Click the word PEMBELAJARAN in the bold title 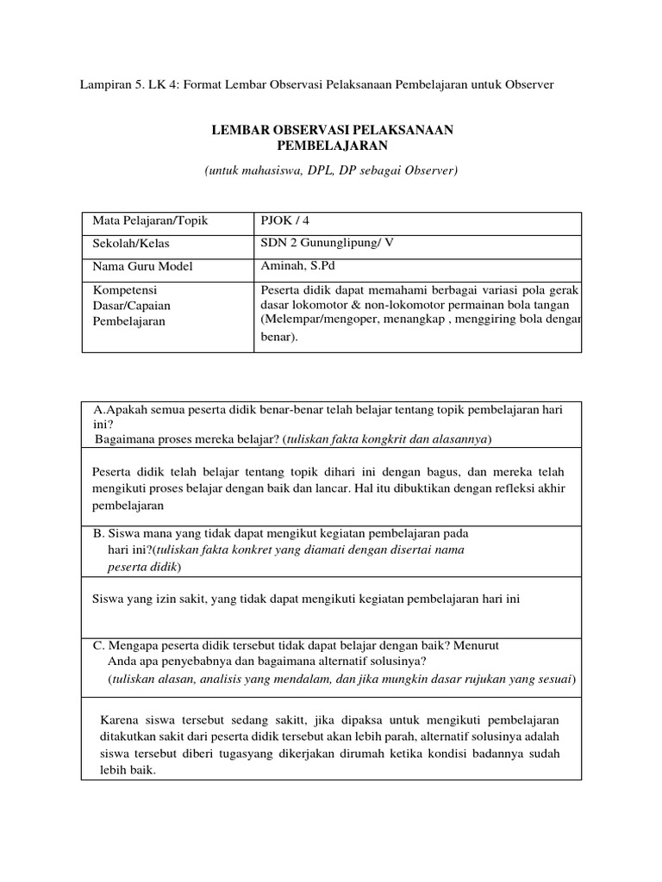pos(332,146)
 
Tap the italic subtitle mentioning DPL pos(331,171)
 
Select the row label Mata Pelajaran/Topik pos(151,221)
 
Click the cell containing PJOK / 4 pos(284,221)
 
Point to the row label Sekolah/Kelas pos(132,244)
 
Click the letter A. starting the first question pos(98,411)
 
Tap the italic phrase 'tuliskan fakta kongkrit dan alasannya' pos(385,439)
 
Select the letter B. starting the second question pos(97,533)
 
